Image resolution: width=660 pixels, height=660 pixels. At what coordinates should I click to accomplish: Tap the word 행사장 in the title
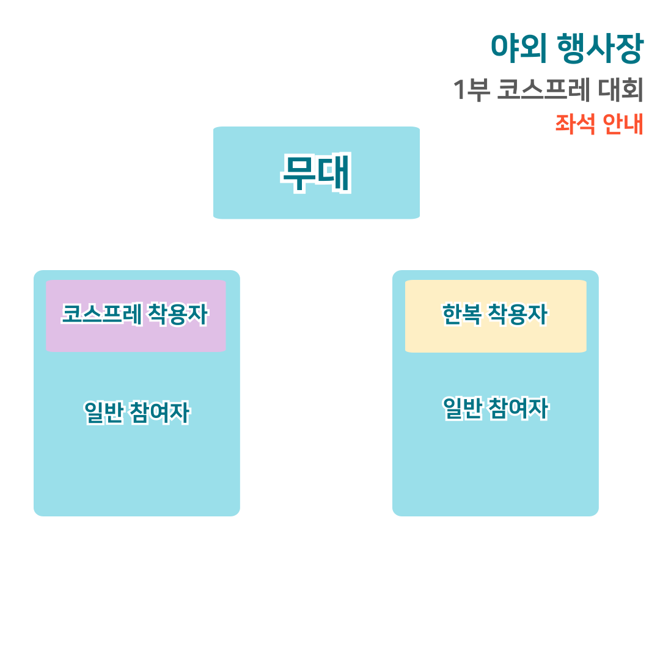tap(601, 49)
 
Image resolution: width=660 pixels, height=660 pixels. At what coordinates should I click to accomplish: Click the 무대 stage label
tap(316, 173)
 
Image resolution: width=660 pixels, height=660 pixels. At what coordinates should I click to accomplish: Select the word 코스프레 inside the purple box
tap(102, 315)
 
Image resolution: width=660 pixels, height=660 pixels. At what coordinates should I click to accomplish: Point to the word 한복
tap(461, 315)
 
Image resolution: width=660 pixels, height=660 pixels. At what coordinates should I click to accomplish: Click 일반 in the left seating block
tap(103, 413)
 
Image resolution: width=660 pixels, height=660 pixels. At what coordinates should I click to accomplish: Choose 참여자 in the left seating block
tap(160, 413)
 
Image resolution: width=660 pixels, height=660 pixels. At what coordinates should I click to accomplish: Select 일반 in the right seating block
tap(462, 408)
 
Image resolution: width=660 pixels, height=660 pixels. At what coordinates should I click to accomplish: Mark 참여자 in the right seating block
tap(519, 408)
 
